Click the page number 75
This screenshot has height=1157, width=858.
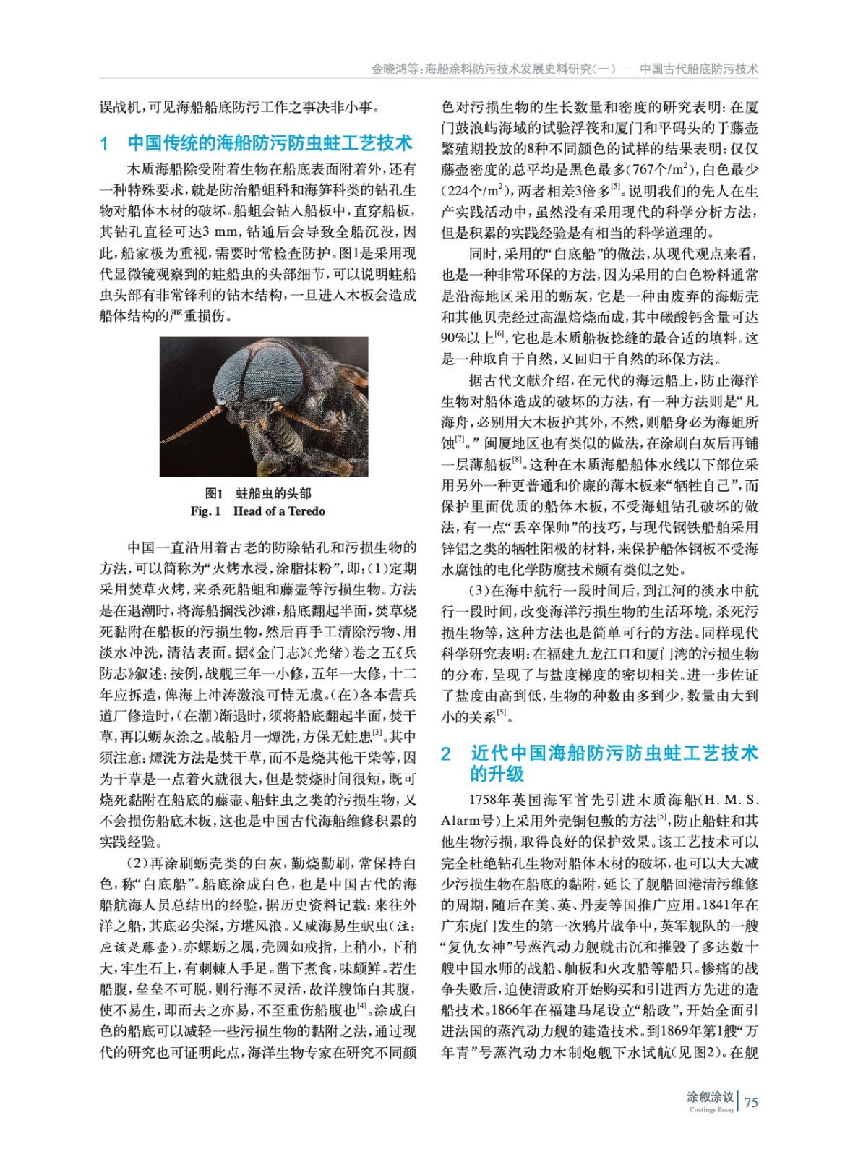click(751, 1102)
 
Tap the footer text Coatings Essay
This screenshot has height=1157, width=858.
click(711, 1110)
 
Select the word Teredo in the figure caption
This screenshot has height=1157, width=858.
click(306, 511)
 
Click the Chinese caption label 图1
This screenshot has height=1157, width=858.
click(214, 493)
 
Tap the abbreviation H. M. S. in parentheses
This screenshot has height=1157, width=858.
click(731, 800)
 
